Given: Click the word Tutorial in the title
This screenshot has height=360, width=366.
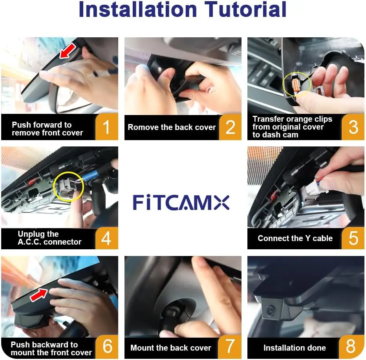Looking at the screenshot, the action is click(x=245, y=9).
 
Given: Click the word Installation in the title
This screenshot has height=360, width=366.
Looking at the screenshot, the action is click(x=138, y=9).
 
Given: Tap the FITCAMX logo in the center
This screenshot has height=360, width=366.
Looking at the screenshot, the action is click(x=181, y=203).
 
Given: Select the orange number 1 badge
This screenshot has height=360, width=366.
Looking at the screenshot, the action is click(x=107, y=127).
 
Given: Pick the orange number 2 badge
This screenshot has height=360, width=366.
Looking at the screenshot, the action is click(x=230, y=127).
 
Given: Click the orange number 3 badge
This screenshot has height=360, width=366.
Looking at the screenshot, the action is click(x=353, y=127).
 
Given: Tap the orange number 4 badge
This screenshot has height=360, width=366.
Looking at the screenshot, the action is click(x=106, y=238).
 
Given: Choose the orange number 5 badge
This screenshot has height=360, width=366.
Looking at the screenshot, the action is click(x=353, y=238).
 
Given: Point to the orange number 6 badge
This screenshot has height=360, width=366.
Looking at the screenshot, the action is click(x=107, y=347).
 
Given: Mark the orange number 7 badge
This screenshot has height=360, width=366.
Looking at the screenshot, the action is click(x=230, y=347).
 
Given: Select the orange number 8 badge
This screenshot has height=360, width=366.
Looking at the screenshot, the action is click(x=351, y=347).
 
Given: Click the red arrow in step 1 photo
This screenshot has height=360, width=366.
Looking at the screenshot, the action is click(x=68, y=50).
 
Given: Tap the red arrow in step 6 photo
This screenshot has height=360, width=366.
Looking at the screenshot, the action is click(x=39, y=295).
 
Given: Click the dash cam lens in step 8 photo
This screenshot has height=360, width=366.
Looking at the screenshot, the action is click(x=271, y=310).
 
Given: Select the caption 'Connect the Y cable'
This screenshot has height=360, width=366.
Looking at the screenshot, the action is click(x=295, y=238).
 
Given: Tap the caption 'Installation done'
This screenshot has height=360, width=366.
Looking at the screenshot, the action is click(x=295, y=348).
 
